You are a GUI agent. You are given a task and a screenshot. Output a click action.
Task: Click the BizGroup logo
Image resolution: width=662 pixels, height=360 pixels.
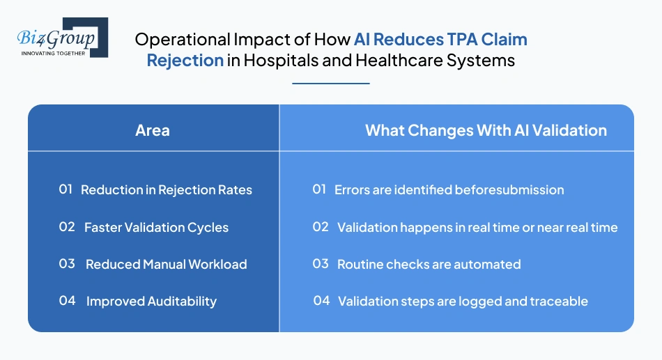(x=61, y=38)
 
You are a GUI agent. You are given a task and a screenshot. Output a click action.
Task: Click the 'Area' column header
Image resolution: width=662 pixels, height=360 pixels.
(x=153, y=130)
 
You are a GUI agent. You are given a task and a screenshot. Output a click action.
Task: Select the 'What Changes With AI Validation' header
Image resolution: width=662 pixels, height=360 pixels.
(x=486, y=130)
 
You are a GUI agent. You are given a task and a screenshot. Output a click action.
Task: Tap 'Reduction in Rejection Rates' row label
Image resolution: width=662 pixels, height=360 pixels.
(x=167, y=189)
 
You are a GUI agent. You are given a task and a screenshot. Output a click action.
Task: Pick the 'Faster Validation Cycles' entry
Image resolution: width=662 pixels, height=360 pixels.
(x=156, y=227)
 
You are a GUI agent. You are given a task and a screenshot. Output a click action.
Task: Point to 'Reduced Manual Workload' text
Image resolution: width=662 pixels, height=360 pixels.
(x=166, y=265)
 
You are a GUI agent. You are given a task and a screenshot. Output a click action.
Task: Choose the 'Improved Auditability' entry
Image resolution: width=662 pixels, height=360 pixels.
(x=151, y=302)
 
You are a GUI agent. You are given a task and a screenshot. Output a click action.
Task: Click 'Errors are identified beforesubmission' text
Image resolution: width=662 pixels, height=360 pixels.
(x=449, y=189)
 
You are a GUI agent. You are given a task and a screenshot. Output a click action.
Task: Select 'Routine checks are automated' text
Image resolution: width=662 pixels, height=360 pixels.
(x=429, y=265)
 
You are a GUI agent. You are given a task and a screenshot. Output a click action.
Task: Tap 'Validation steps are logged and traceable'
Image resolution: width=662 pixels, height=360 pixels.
(x=463, y=302)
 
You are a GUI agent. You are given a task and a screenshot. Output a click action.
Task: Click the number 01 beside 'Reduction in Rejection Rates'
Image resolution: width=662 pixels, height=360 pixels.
(x=66, y=189)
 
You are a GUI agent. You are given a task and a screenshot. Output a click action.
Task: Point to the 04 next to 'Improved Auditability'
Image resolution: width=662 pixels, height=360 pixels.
(x=67, y=302)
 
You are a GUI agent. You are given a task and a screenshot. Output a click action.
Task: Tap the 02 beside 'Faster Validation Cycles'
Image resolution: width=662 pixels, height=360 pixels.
(x=67, y=227)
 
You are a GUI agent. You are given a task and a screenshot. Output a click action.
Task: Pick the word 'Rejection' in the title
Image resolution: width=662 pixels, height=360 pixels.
(x=185, y=61)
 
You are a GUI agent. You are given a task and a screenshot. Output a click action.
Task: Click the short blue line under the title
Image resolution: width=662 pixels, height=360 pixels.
(x=330, y=84)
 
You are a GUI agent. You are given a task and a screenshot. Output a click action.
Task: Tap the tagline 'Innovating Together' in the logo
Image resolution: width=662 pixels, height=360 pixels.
(x=53, y=53)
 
